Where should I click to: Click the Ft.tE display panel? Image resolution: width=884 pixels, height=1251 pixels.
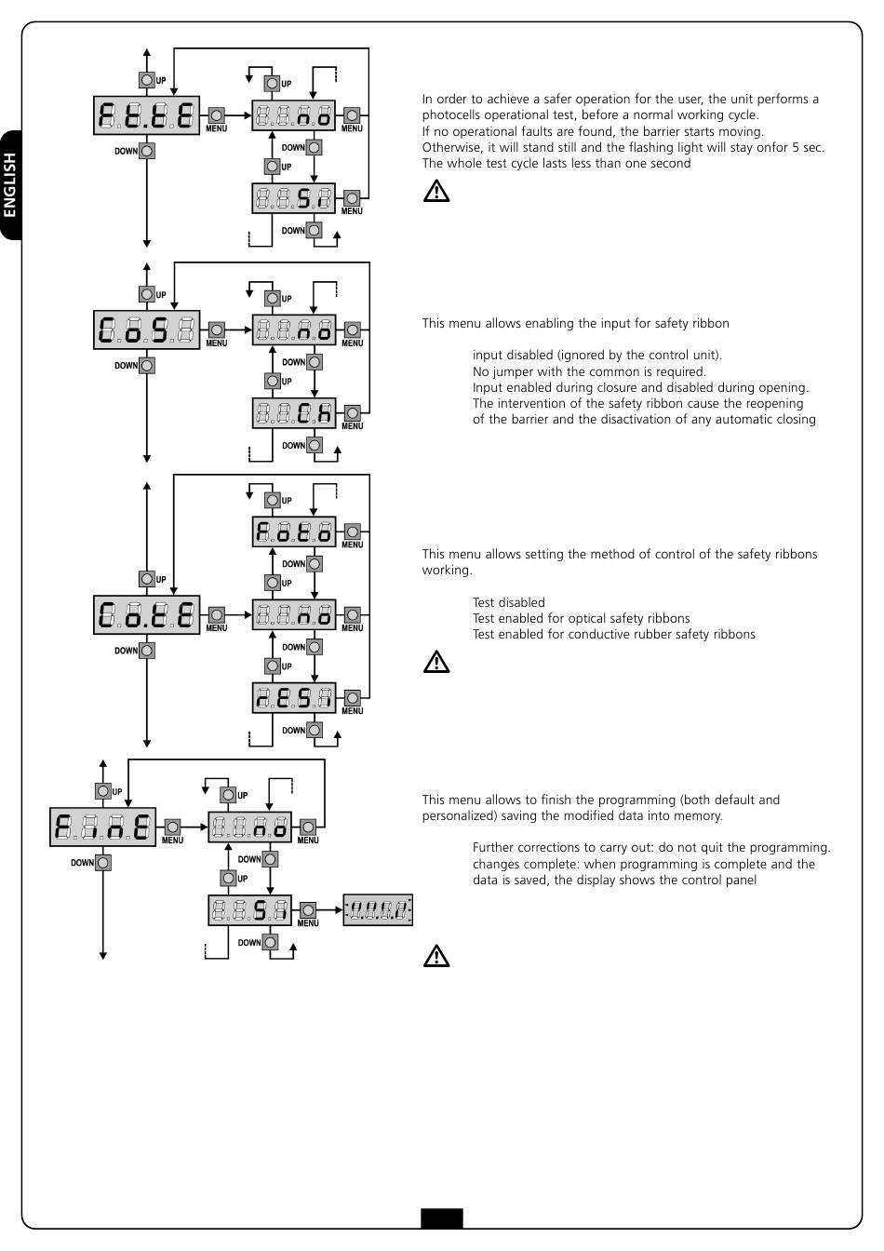[x=146, y=115]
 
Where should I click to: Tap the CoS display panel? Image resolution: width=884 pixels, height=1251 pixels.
[x=146, y=330]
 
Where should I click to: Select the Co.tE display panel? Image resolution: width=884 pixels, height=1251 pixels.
[x=146, y=615]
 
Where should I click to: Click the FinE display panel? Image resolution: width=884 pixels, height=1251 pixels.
[x=102, y=827]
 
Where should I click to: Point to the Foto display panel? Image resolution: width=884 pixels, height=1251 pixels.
[x=294, y=531]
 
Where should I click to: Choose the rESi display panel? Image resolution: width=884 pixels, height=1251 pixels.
[x=294, y=698]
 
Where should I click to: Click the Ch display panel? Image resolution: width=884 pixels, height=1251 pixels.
[x=294, y=413]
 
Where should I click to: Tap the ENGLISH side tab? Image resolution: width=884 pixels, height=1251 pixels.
[x=10, y=185]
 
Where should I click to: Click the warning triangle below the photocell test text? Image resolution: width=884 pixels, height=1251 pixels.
[x=436, y=191]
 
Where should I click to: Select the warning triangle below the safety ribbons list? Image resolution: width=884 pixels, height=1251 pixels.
[x=436, y=662]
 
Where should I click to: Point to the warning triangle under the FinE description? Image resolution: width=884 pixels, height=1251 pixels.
[x=436, y=956]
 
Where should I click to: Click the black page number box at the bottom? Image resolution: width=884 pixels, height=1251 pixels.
[x=442, y=1218]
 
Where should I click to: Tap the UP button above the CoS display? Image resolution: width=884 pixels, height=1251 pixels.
[x=147, y=294]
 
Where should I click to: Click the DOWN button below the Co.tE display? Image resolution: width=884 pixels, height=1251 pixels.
[x=147, y=651]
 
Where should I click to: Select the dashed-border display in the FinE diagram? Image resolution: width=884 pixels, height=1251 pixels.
[x=378, y=910]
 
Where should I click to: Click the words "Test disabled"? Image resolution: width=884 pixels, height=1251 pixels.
[x=509, y=602]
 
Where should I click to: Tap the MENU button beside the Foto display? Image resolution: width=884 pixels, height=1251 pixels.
[x=353, y=531]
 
